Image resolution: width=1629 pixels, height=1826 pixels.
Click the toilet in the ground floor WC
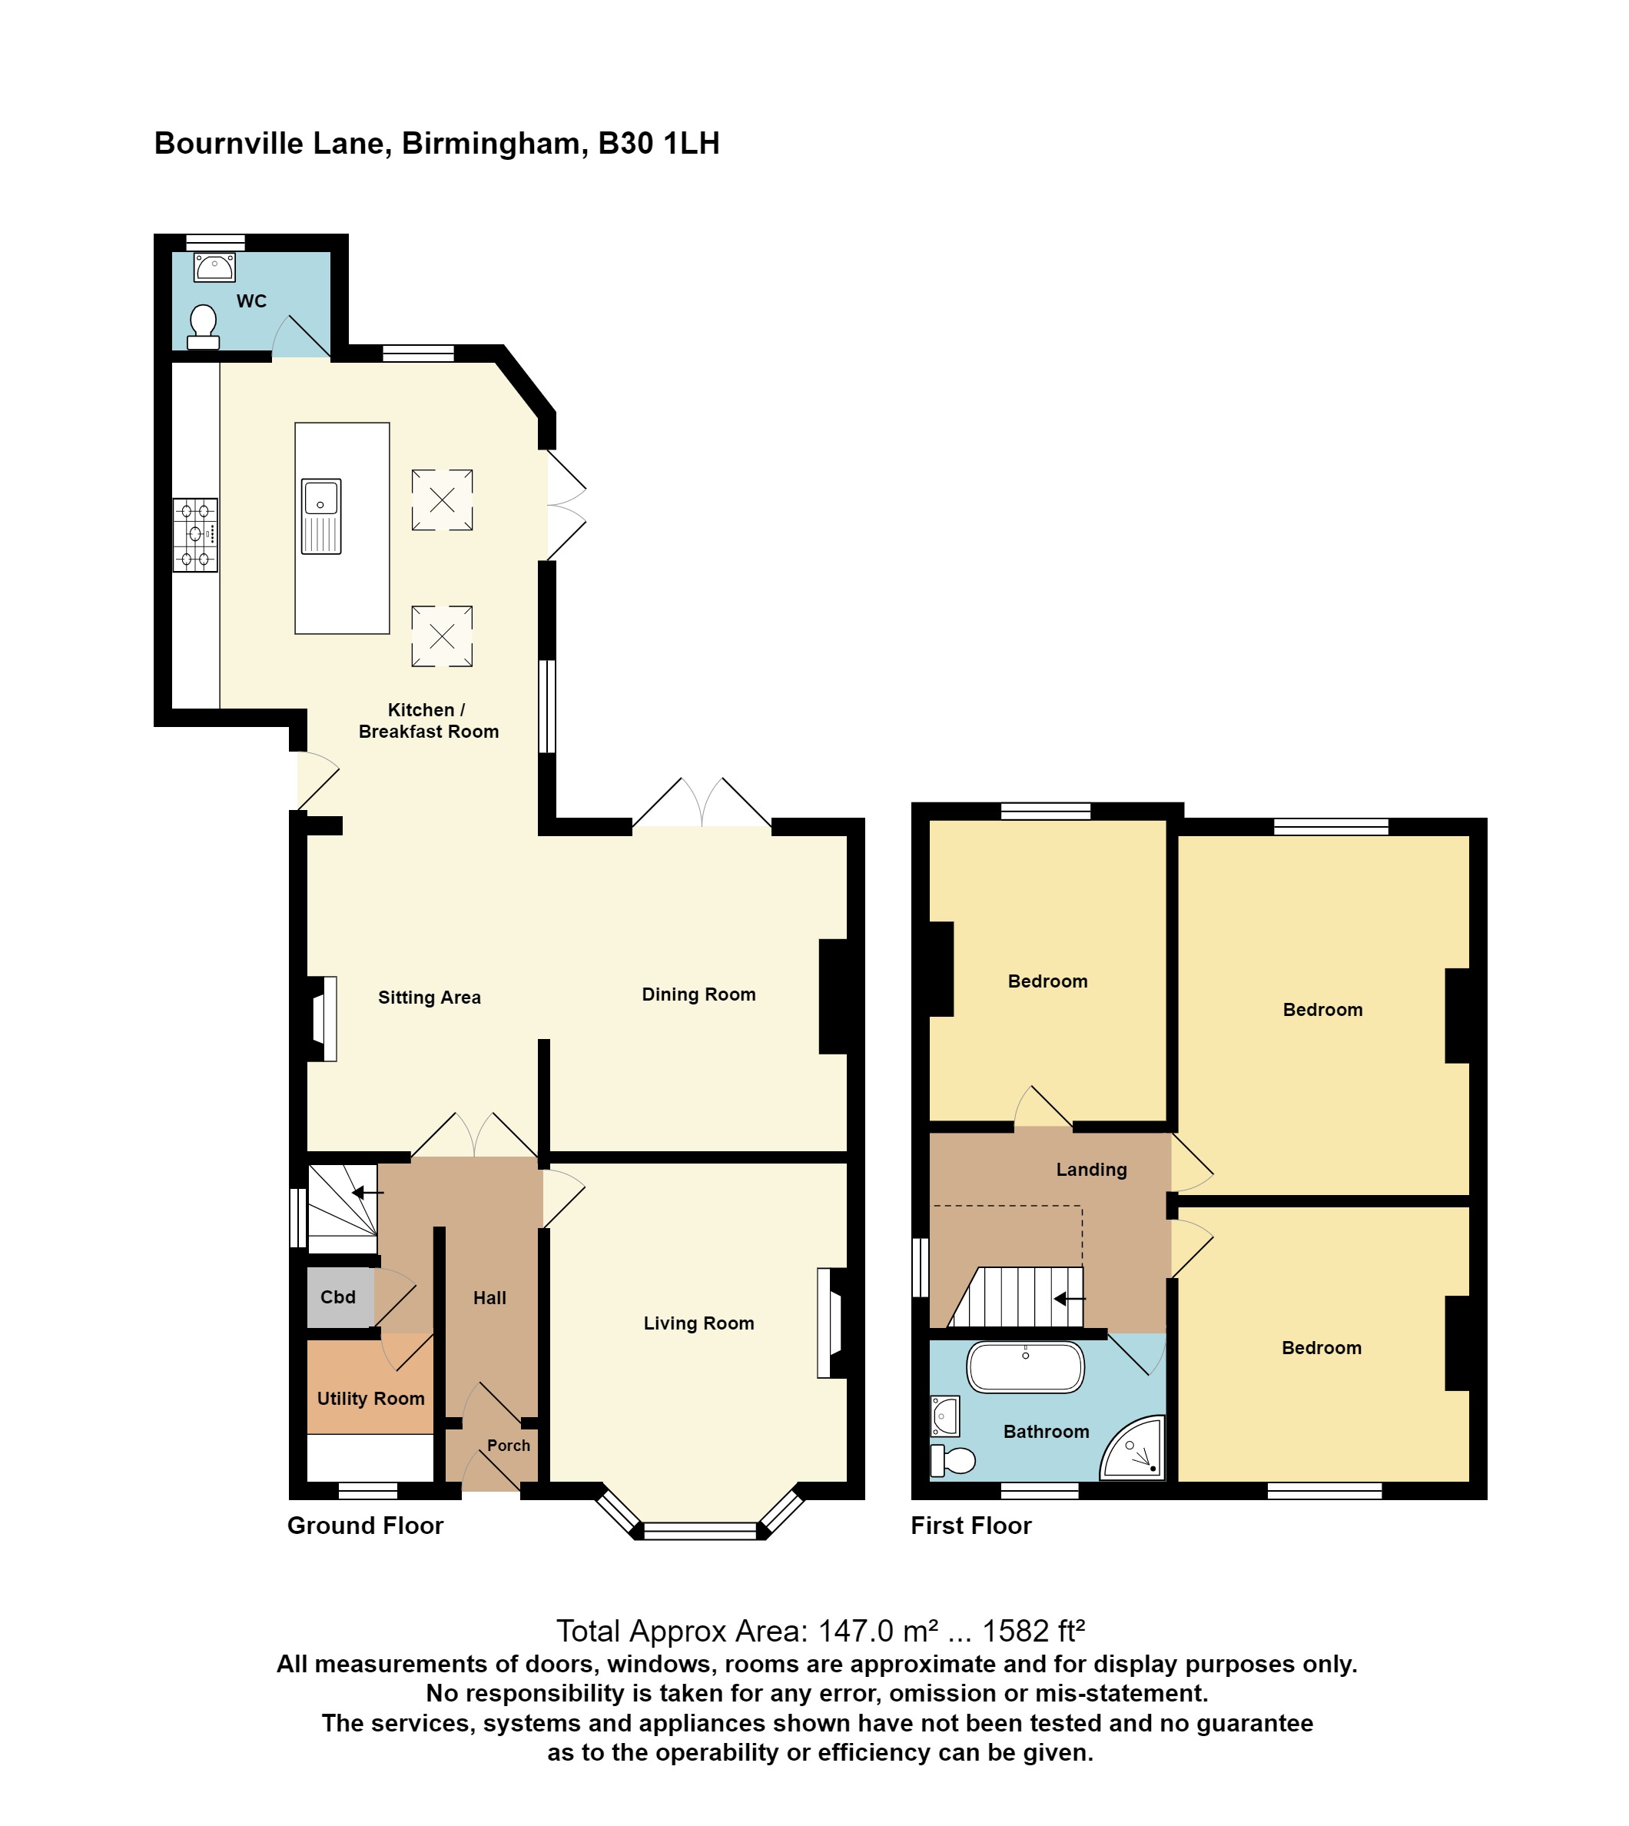(203, 327)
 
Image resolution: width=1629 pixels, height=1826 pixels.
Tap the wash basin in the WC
(215, 267)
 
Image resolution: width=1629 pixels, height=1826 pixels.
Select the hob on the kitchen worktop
(195, 535)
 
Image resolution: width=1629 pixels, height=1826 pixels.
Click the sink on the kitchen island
(321, 516)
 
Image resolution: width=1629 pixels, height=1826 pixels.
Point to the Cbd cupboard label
(337, 1297)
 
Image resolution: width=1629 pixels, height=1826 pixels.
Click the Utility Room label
(370, 1398)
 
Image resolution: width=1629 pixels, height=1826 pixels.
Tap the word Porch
(509, 1445)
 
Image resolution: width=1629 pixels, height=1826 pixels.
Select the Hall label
(489, 1298)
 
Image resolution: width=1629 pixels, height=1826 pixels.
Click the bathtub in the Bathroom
(1026, 1367)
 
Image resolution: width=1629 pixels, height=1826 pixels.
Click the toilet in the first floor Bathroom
(954, 1461)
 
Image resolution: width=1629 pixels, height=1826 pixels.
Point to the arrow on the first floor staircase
(1069, 1298)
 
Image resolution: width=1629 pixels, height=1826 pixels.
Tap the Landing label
(1091, 1169)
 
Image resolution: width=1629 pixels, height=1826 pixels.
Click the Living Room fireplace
(830, 1323)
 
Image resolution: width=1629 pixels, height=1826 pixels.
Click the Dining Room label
(698, 994)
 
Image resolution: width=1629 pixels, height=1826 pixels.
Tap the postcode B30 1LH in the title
(659, 143)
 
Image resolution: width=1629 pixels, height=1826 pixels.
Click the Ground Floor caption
(365, 1526)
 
